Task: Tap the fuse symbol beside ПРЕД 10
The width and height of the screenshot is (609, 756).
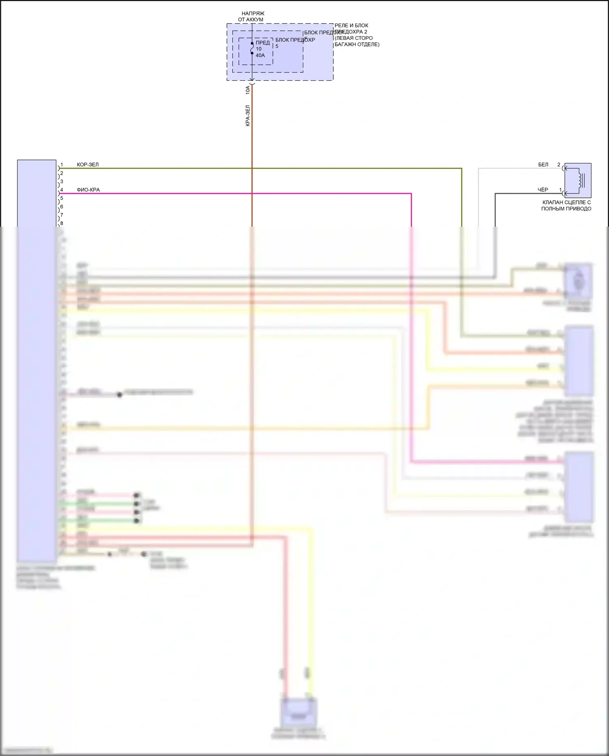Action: (252, 48)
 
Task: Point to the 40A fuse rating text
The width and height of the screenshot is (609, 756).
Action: (260, 55)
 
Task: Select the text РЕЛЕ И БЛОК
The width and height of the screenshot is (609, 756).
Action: (351, 26)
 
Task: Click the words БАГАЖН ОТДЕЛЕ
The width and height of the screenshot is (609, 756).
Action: (357, 44)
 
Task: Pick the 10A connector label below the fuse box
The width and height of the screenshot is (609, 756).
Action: (248, 90)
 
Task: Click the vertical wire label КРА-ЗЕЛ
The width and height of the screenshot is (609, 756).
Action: (248, 116)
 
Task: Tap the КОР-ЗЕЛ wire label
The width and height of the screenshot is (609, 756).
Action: (88, 165)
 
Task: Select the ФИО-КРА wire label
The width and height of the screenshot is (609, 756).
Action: (88, 190)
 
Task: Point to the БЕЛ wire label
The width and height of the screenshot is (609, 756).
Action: (543, 165)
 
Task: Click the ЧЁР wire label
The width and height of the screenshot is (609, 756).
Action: (543, 190)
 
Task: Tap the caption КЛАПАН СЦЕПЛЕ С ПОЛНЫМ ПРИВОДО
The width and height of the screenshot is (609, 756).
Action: (566, 206)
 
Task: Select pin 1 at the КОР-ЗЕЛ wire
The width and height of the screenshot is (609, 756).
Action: (62, 165)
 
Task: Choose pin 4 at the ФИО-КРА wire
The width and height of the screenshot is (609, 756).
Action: (62, 190)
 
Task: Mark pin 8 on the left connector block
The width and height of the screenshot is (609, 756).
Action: (62, 223)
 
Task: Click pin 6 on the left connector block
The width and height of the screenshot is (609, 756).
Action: (62, 207)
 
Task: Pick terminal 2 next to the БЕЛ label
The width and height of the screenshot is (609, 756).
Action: (559, 165)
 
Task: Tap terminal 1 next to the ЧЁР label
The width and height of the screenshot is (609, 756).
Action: (561, 190)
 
